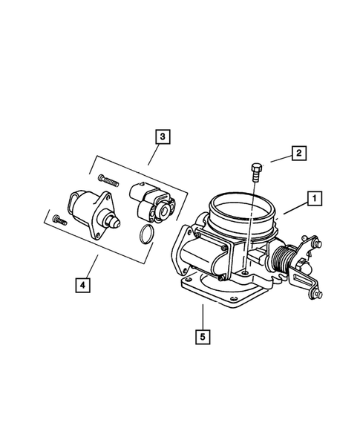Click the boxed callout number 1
[x=315, y=198]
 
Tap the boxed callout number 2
[x=298, y=154]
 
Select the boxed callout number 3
[x=160, y=137]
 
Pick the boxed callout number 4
[x=82, y=283]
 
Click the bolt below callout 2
[x=256, y=173]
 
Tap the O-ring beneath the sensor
[x=147, y=235]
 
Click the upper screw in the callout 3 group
[x=109, y=180]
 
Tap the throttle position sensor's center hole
[x=157, y=212]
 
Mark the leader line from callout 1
[x=295, y=207]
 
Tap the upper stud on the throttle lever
[x=317, y=244]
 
